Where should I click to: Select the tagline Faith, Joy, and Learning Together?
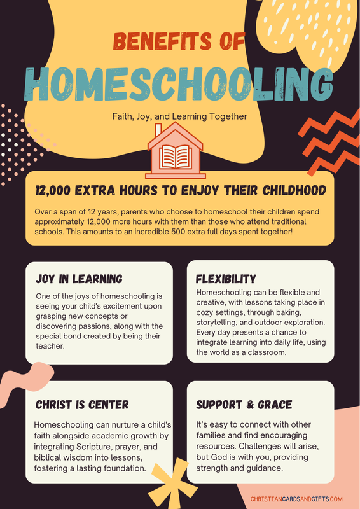tap(179, 116)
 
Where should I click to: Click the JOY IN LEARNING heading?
tap(79, 279)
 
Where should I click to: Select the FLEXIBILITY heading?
tap(226, 279)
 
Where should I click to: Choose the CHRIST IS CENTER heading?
tap(82, 404)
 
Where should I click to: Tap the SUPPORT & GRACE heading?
tap(244, 404)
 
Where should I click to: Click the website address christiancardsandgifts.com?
tap(296, 499)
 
